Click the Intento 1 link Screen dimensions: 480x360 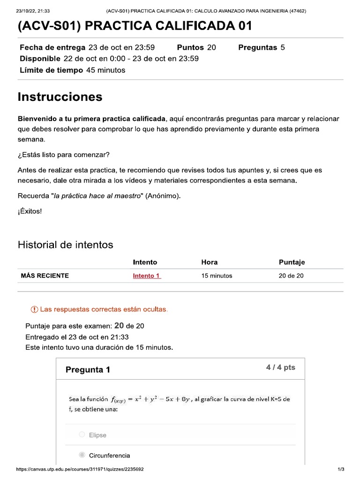tap(147, 276)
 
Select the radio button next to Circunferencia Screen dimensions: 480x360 tap(82, 455)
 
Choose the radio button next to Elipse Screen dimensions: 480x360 tap(82, 435)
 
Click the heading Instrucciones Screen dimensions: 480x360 tap(60, 97)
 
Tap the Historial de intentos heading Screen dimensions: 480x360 tap(65, 245)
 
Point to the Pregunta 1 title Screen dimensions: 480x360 tap(88, 369)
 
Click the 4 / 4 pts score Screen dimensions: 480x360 tap(280, 367)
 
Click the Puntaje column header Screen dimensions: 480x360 tap(292, 262)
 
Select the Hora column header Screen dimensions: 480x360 tap(210, 262)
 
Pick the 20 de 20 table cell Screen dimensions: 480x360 tap(291, 276)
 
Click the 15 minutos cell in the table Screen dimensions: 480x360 tap(217, 276)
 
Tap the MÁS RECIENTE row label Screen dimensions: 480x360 tap(45, 276)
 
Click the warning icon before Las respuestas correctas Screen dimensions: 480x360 tap(34, 310)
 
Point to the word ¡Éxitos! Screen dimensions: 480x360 tap(30, 211)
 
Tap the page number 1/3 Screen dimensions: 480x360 tap(341, 469)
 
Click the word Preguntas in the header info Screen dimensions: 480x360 tap(258, 47)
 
